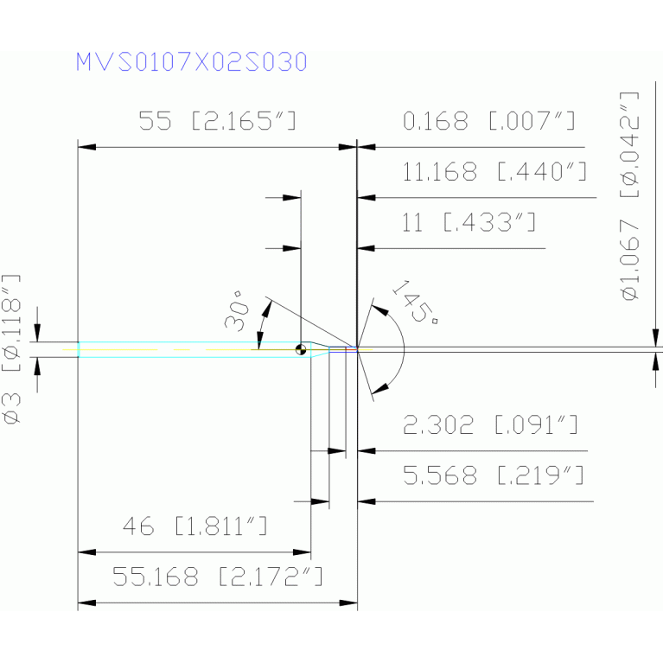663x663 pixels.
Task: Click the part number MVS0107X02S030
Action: click(x=190, y=62)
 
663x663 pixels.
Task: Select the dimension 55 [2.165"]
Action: click(x=217, y=122)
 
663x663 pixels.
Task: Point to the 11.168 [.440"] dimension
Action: click(x=494, y=172)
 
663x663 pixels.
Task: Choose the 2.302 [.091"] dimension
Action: click(x=490, y=425)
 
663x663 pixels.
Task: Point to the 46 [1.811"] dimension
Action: click(x=194, y=526)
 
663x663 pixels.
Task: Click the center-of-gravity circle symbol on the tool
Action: click(x=300, y=350)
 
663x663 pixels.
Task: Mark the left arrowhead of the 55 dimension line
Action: click(x=84, y=148)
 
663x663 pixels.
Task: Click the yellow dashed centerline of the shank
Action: click(x=173, y=349)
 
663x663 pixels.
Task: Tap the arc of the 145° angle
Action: click(x=402, y=346)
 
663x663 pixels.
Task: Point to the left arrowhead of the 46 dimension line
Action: click(x=84, y=551)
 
